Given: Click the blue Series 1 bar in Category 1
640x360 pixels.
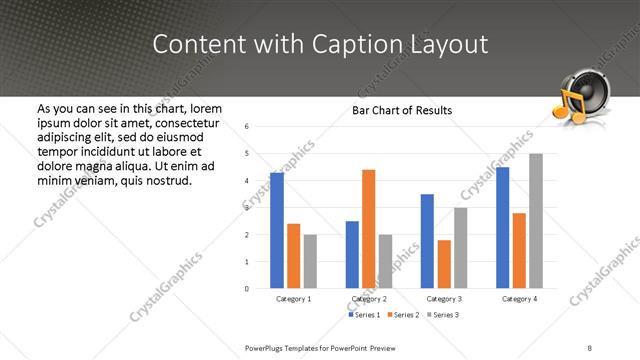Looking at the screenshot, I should point(277,231).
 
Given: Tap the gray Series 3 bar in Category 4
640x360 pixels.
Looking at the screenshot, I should point(536,221).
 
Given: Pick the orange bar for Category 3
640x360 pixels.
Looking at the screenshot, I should point(444,264).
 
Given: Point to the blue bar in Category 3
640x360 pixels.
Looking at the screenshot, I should point(427,241).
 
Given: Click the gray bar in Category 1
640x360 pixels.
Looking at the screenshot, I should point(310,261).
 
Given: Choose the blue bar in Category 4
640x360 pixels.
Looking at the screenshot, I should point(503,228).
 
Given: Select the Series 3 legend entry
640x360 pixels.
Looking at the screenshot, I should point(444,315).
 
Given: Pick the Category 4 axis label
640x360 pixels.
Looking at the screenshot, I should point(519,299).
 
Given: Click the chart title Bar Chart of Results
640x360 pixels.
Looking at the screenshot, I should point(402,110).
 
